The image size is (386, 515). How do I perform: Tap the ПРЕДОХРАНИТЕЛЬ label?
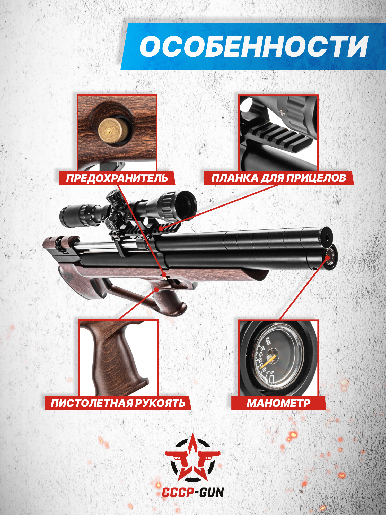point(117,178)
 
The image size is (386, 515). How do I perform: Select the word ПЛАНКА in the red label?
point(235,178)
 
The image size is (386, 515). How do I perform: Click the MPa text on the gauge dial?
point(268,340)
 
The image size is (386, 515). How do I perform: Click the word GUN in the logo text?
point(212,493)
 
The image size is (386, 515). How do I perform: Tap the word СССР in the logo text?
point(178,493)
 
